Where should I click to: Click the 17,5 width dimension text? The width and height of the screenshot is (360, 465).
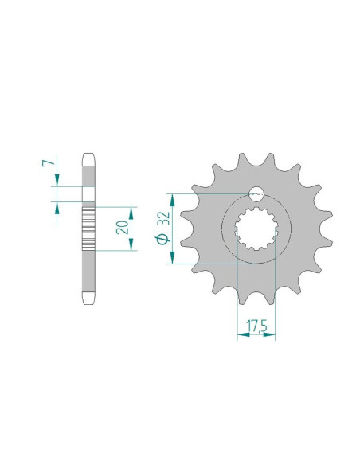coord(256,326)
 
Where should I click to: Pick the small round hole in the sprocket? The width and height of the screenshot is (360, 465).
coord(256,193)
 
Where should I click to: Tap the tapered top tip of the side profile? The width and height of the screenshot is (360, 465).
coord(88,156)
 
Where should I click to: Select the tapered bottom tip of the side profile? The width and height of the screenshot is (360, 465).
coord(88,300)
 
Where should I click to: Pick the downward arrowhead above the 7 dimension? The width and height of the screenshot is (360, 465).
coord(56,183)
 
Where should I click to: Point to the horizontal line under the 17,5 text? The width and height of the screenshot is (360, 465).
coord(256,335)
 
